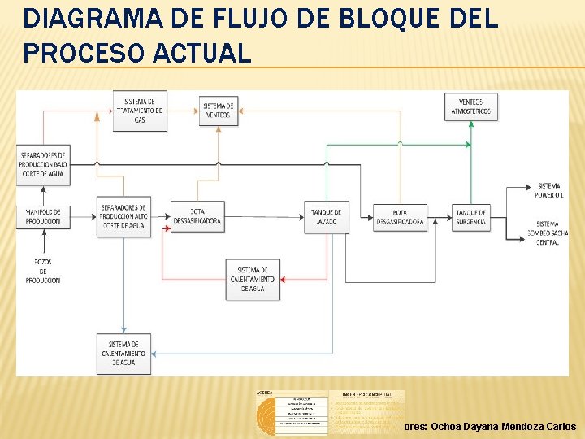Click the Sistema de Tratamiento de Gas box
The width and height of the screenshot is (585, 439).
(141, 111)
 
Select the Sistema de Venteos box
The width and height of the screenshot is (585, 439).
(218, 111)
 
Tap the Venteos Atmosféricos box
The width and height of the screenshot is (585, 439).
(466, 106)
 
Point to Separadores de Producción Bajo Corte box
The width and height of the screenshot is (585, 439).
(43, 163)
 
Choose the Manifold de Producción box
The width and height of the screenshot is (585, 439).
(43, 216)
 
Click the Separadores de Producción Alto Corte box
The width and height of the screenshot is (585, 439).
(123, 216)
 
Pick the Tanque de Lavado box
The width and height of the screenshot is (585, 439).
(327, 216)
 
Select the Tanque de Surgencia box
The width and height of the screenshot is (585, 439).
(470, 216)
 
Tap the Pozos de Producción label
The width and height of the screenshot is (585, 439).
(43, 271)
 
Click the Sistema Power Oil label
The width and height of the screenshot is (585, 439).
(548, 191)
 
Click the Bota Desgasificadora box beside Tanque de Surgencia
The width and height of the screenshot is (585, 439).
(400, 216)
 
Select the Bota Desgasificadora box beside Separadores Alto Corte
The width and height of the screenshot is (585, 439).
(196, 216)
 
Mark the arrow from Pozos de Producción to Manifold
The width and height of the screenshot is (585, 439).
(43, 243)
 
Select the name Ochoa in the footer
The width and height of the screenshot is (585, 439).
(448, 426)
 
